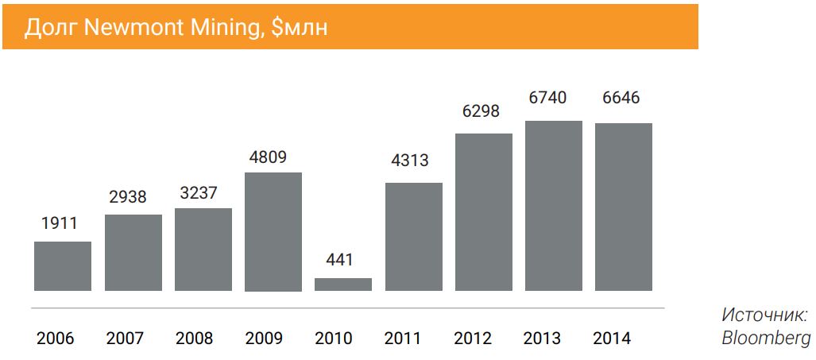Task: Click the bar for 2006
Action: click(x=63, y=266)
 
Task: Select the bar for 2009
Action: click(x=273, y=232)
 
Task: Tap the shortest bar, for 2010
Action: click(x=342, y=285)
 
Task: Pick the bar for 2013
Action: click(x=553, y=206)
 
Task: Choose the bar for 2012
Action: click(x=483, y=212)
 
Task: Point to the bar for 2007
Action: click(x=133, y=253)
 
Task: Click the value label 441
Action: click(x=339, y=260)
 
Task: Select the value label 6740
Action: click(x=548, y=98)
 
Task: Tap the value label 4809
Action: click(x=268, y=156)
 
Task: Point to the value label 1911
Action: click(x=59, y=223)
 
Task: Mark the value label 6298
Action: click(x=481, y=110)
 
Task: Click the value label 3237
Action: click(x=198, y=192)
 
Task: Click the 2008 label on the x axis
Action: click(x=195, y=339)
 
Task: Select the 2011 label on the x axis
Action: click(x=403, y=339)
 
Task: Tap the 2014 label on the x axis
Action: click(x=612, y=339)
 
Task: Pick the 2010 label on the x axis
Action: click(x=334, y=339)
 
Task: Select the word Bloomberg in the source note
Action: click(x=766, y=338)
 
